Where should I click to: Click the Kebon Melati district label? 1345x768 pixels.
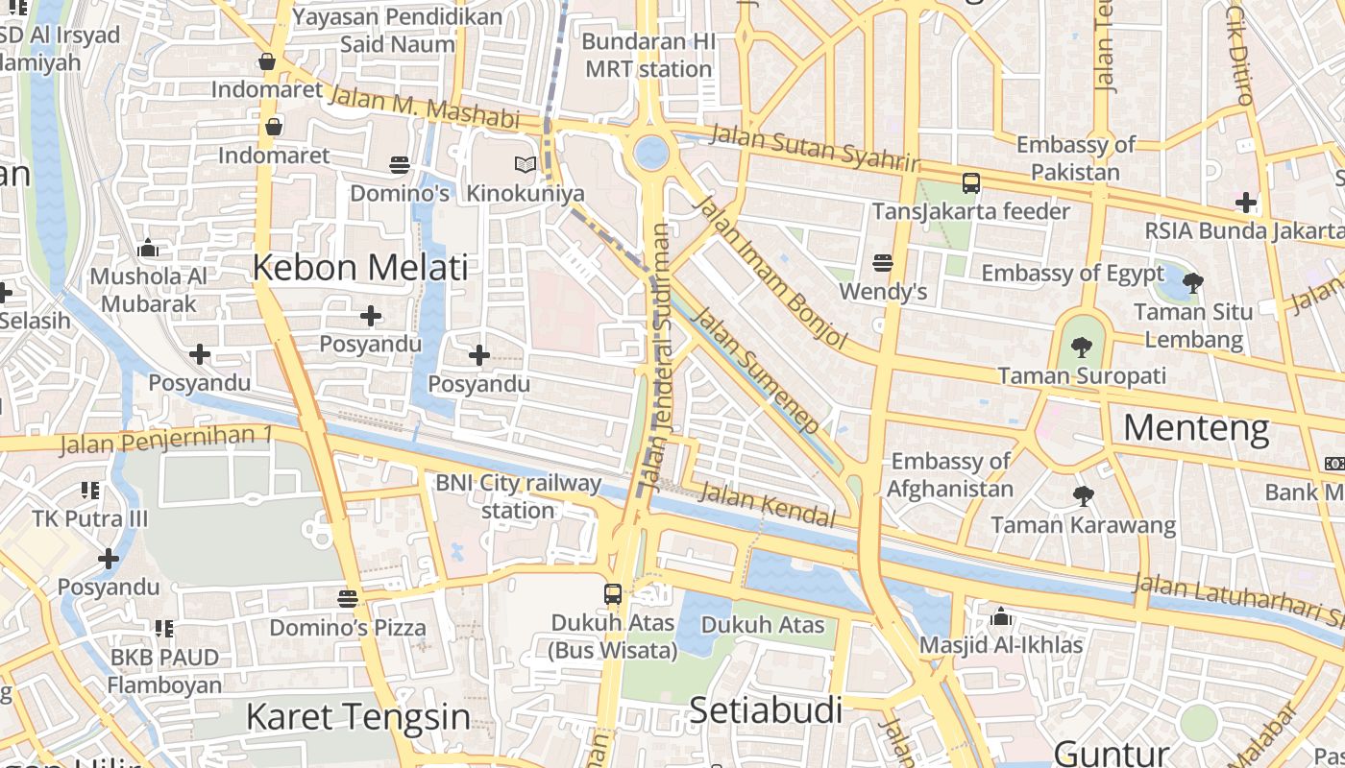[x=360, y=268]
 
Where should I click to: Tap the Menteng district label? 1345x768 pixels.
[x=1196, y=427]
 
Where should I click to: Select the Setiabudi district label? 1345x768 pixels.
[x=766, y=711]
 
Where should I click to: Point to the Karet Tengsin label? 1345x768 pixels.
[x=358, y=716]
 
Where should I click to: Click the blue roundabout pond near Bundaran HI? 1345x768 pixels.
[x=651, y=152]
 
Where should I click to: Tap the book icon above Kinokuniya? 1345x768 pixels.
[x=525, y=165]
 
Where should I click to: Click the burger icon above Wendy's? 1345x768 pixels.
[x=883, y=262]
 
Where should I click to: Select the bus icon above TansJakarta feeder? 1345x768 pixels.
[x=970, y=182]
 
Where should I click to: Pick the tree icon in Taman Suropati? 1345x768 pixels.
[x=1082, y=347]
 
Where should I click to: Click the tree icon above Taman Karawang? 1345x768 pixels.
[x=1083, y=496]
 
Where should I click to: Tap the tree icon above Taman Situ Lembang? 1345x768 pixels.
[x=1193, y=283]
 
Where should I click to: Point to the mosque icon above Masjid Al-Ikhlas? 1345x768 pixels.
[x=1001, y=615]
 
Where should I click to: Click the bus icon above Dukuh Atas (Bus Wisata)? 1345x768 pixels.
[x=613, y=593]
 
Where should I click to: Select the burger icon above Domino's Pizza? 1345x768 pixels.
[x=348, y=599]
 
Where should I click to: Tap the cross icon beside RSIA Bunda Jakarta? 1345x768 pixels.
[x=1246, y=203]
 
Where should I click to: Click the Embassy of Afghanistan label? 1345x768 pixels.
[x=949, y=474]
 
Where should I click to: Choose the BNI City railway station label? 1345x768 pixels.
[x=518, y=496]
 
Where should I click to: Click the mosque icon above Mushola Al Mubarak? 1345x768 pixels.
[x=148, y=249]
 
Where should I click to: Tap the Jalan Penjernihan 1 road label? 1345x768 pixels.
[x=166, y=441]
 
